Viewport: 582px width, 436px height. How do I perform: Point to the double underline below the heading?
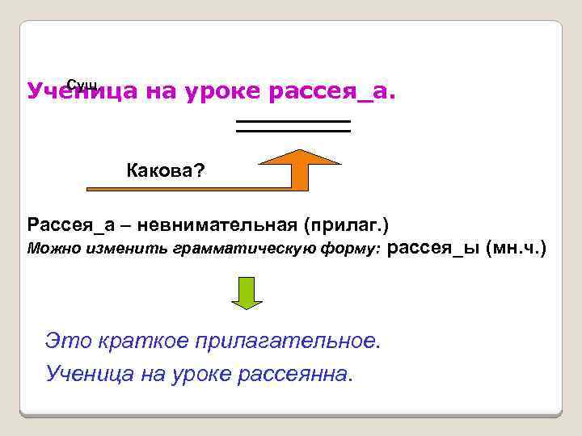click(293, 125)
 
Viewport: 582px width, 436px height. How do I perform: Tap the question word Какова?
click(167, 170)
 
